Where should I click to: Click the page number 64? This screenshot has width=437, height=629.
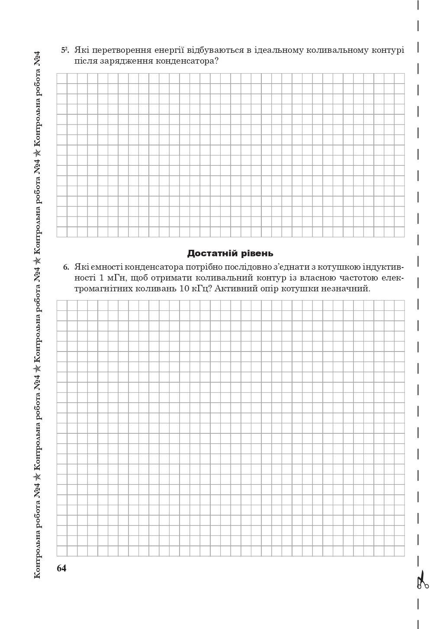[x=61, y=568]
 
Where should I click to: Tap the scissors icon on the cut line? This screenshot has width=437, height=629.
[x=422, y=581]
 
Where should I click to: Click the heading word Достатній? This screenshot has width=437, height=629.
[x=211, y=253]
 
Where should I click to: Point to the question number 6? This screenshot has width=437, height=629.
[x=66, y=267]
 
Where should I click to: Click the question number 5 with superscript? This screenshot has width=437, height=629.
[x=65, y=50]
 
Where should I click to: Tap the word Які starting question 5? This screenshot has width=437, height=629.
[x=81, y=50]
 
